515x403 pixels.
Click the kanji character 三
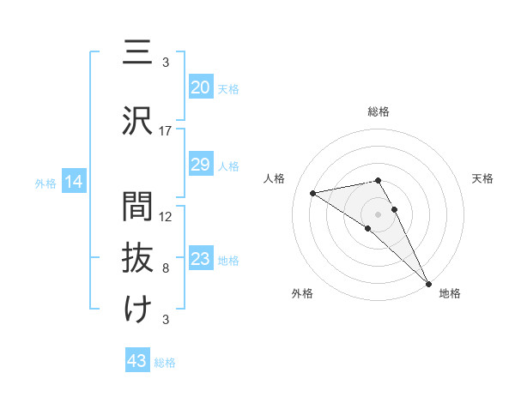[137, 53]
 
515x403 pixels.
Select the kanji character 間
[137, 207]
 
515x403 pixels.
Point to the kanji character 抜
[137, 258]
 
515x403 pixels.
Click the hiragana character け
[137, 310]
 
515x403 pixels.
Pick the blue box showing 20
[201, 87]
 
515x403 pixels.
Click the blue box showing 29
[201, 165]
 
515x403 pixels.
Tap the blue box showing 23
[201, 259]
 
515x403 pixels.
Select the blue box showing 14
[73, 182]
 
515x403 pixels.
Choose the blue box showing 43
[137, 361]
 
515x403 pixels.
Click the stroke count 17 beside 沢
[166, 131]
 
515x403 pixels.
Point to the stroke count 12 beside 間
[166, 217]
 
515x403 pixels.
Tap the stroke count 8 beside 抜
[166, 268]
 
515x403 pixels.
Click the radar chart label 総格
[379, 111]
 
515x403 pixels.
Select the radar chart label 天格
[483, 178]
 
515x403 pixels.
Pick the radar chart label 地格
[450, 293]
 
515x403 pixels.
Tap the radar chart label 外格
[302, 293]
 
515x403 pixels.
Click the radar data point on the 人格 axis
[313, 193]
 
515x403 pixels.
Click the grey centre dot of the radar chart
[379, 214]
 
